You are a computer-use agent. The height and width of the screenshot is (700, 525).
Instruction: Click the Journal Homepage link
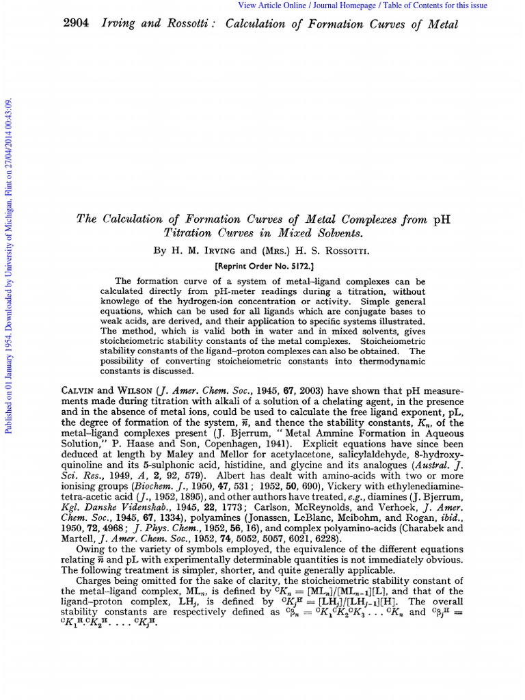pyautogui.click(x=349, y=5)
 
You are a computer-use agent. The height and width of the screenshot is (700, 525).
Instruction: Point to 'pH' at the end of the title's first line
pyautogui.click(x=441, y=220)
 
